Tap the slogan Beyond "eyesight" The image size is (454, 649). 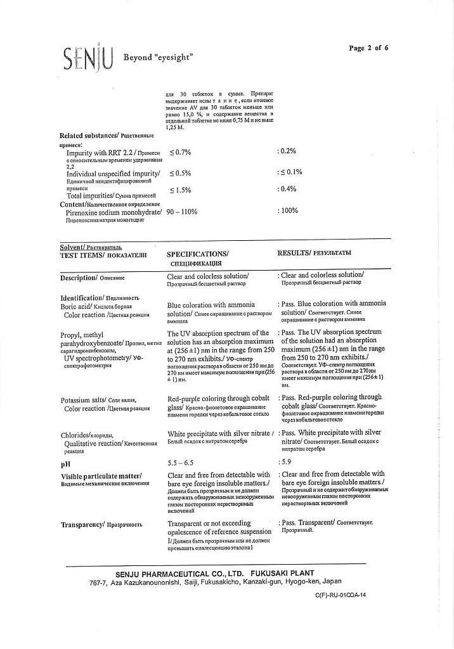point(158,57)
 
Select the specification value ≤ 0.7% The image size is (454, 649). point(180,152)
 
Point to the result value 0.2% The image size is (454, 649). point(289,151)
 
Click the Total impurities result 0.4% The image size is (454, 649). point(289,189)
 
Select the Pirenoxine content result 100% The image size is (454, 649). point(289,210)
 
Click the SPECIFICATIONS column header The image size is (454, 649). point(197,254)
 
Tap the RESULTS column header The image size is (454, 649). point(315,253)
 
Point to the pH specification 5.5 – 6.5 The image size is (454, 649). point(182,463)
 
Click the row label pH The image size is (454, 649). point(65,464)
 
